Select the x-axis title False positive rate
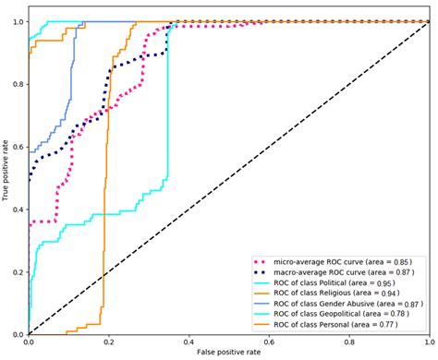point(229,354)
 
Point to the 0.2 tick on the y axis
point(17,272)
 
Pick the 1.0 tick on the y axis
point(17,21)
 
